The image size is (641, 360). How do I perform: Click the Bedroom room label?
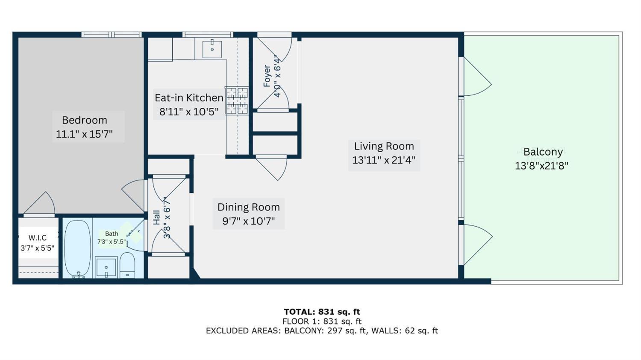84,120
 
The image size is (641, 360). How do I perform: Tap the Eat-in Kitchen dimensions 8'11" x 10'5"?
189,112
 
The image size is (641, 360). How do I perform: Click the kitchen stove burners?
237,100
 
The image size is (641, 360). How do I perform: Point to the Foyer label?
267,76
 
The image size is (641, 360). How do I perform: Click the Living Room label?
384,146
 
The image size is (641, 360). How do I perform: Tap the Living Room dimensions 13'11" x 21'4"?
384,160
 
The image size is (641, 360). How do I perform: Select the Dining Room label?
248,207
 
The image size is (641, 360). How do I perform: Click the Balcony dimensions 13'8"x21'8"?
541,166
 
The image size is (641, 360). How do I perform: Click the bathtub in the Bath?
77,248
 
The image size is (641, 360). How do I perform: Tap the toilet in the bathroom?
127,265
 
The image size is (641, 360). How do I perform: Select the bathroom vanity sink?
106,268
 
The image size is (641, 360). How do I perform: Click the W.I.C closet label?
38,238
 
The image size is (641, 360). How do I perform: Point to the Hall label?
156,217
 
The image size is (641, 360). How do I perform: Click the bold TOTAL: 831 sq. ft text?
322,312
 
